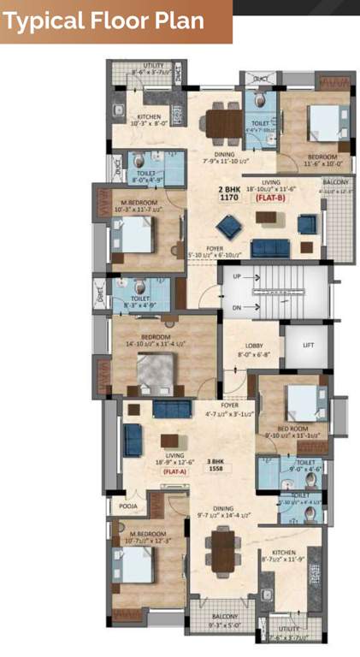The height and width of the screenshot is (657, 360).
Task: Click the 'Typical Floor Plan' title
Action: coord(105,21)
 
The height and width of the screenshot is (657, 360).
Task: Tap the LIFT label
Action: coord(308,346)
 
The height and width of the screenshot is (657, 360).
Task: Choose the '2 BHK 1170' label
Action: coord(228,192)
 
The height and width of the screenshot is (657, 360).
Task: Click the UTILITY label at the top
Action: coord(154,65)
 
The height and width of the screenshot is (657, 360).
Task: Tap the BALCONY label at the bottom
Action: coord(227,617)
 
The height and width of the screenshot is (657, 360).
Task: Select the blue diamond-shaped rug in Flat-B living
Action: coord(228,226)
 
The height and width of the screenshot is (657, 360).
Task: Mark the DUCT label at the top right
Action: coord(260,79)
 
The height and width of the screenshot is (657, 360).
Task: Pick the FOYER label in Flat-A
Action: coord(228,405)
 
